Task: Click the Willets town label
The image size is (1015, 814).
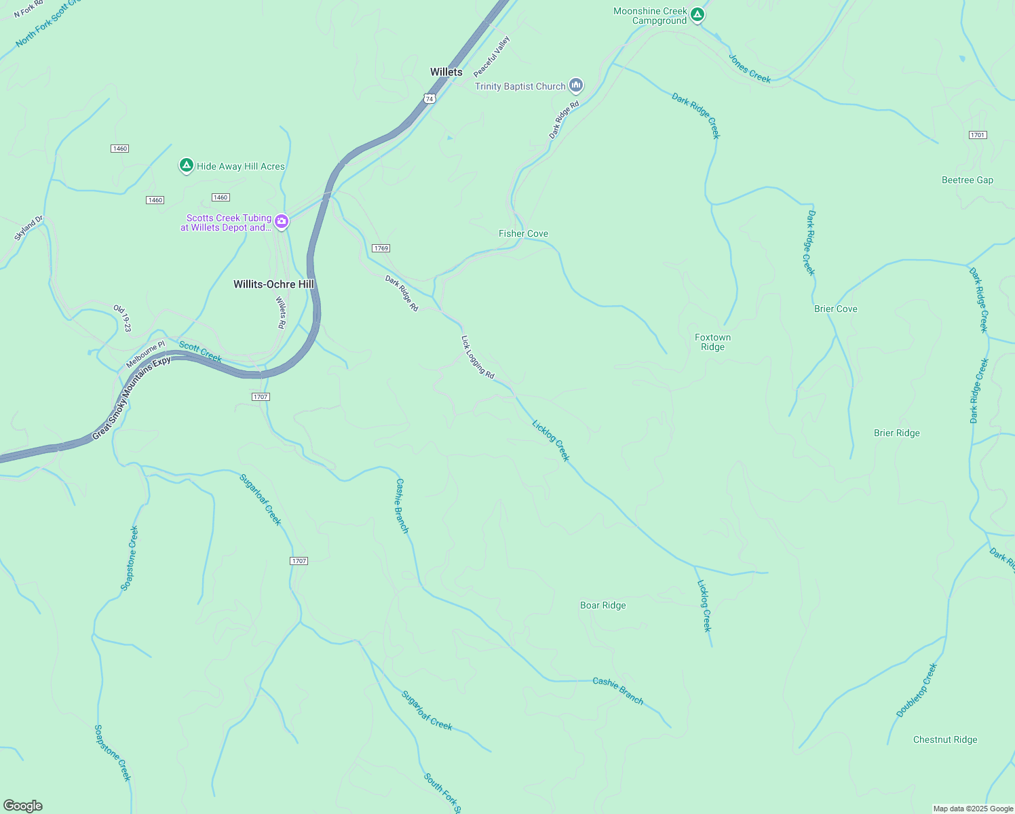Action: tap(446, 72)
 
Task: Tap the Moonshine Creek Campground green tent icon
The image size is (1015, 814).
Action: tap(697, 14)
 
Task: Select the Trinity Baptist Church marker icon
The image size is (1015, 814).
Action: tap(576, 85)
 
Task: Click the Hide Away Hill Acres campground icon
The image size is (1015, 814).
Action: tap(186, 165)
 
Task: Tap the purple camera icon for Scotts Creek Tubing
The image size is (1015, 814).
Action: tap(281, 221)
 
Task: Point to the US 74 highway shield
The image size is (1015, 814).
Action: tap(429, 98)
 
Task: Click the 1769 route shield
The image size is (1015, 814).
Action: tap(381, 248)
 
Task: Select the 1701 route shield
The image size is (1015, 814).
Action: tap(977, 135)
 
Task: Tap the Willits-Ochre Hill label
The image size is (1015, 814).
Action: tap(273, 284)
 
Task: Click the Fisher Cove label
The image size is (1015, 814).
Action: tap(523, 233)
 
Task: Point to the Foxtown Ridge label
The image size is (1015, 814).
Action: tap(712, 342)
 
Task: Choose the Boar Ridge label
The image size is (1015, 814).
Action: tap(602, 605)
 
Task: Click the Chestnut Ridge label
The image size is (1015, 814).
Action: tap(944, 739)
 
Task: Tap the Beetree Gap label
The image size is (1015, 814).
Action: tap(967, 180)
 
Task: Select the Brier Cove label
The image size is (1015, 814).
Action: tap(835, 309)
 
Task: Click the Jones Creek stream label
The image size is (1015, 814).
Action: tap(749, 69)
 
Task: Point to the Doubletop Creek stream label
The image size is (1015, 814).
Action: tap(916, 691)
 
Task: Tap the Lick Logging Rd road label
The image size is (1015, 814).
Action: tap(478, 357)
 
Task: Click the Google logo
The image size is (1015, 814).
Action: tap(23, 805)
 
